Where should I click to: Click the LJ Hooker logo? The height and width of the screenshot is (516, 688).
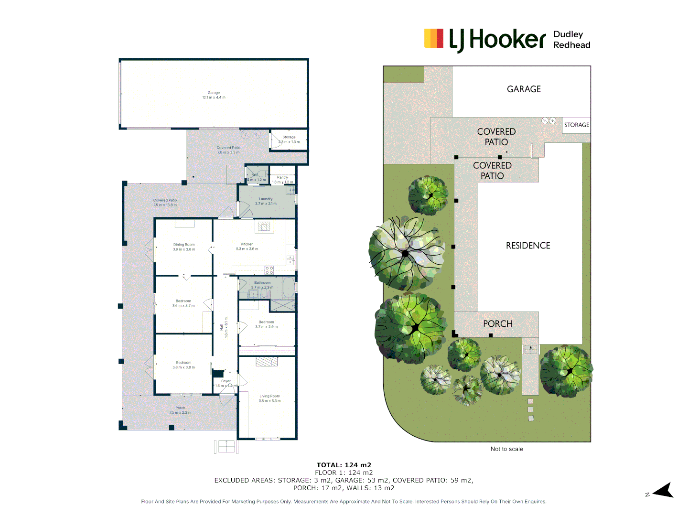pos(484,39)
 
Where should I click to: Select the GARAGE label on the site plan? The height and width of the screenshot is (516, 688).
pos(524,89)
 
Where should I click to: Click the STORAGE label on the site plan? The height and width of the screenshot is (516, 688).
pos(576,125)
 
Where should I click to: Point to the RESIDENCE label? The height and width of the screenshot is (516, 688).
pos(528,246)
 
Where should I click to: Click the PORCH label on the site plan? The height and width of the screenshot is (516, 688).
pos(497,324)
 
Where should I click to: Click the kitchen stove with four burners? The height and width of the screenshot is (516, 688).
pos(269,270)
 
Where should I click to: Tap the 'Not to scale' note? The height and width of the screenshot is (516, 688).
pos(506,449)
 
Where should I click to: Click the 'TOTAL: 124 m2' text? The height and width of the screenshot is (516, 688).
pos(344,465)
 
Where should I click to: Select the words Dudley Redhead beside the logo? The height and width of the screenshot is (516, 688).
pos(571,40)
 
